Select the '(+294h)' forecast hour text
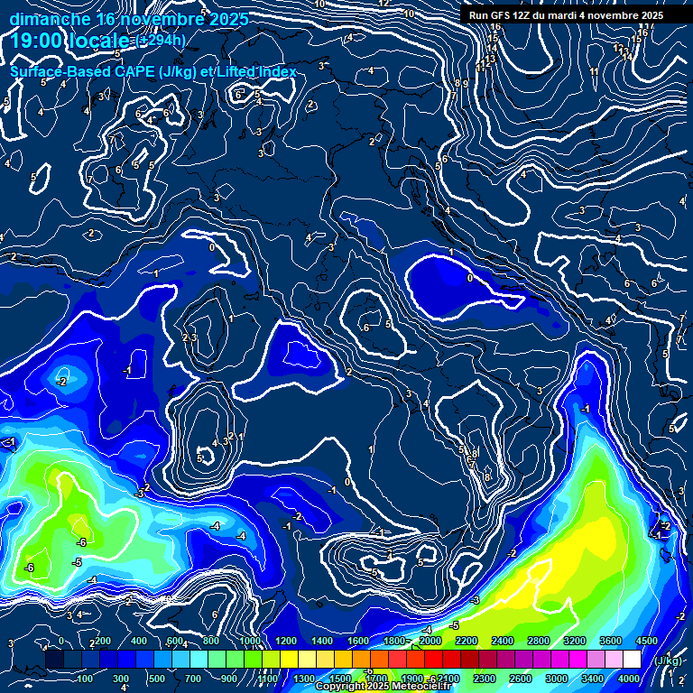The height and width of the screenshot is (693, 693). [162, 41]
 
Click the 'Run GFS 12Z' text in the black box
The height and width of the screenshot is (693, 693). [502, 15]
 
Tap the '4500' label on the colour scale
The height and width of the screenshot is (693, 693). [646, 640]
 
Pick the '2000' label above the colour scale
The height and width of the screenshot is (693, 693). [430, 640]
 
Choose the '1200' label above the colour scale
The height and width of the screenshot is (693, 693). [286, 640]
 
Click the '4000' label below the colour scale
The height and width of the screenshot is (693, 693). [629, 679]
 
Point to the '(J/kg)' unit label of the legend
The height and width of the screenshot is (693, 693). [669, 660]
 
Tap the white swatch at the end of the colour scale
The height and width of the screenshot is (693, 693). [632, 660]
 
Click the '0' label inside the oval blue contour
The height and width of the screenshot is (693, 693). [469, 279]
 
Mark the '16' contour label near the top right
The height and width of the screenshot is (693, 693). [495, 27]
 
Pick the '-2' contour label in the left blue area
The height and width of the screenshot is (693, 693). [61, 382]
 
